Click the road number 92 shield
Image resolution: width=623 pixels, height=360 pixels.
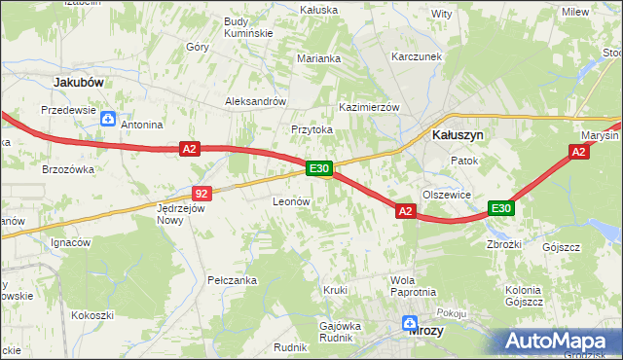click(202, 193)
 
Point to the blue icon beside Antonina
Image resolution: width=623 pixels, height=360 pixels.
click(108, 120)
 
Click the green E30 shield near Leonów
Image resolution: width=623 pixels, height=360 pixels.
click(320, 168)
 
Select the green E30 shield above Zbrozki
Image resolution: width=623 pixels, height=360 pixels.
click(501, 208)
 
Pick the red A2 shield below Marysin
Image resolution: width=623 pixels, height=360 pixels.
click(579, 152)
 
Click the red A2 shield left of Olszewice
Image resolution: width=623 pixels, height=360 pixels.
click(406, 210)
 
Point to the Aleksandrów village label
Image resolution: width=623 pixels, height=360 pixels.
click(255, 101)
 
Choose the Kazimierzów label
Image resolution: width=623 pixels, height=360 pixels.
click(369, 106)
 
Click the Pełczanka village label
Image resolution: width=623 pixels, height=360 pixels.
click(232, 280)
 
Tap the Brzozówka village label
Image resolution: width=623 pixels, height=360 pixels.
click(67, 168)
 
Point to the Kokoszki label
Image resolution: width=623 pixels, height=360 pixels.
click(92, 315)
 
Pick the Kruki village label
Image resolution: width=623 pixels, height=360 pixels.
click(336, 290)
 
